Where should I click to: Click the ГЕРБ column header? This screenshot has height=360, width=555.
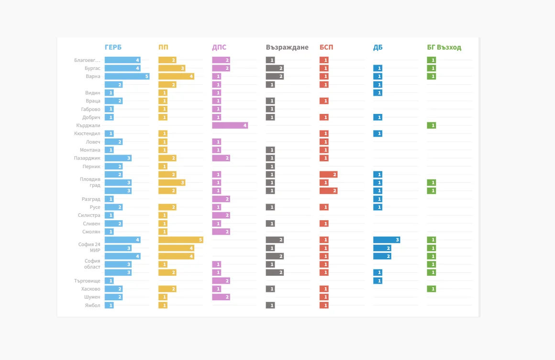coord(113,47)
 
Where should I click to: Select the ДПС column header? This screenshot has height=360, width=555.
coord(219,47)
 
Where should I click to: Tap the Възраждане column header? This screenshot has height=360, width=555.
coord(287,47)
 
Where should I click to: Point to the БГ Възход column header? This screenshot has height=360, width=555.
coord(444,47)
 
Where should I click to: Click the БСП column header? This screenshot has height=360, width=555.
coord(326,47)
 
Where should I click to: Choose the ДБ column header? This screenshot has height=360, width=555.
coord(377,47)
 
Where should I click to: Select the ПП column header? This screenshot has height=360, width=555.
coord(163,47)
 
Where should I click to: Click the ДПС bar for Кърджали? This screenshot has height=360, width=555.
coord(230,125)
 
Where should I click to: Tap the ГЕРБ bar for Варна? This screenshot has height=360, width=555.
coord(127,76)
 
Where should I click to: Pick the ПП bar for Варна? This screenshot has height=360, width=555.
coord(176,76)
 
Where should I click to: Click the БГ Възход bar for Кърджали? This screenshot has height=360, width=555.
coord(432,125)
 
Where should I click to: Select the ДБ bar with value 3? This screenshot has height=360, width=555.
coord(387,240)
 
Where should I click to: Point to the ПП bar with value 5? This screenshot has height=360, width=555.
coord(180,240)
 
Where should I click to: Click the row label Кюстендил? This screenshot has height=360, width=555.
coord(87,134)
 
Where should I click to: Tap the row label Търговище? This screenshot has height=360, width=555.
coord(87,281)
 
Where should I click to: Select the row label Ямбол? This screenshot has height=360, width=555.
coord(92,305)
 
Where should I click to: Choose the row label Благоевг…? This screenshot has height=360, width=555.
coord(87,60)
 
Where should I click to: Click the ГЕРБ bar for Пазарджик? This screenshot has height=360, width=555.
coord(118,158)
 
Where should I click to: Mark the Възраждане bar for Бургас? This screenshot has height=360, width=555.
coord(275,68)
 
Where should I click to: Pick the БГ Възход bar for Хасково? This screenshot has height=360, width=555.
coord(432,289)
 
